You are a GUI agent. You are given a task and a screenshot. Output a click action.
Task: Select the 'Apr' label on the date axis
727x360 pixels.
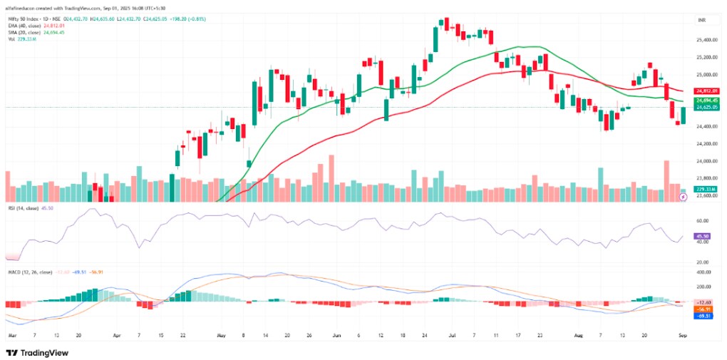coord(115,334)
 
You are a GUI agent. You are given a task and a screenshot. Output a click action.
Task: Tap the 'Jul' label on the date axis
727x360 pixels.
coord(454,334)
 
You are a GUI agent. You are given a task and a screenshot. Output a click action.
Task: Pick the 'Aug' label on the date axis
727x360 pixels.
coord(570,334)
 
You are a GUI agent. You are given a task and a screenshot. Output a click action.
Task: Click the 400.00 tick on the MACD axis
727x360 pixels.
coord(703,272)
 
